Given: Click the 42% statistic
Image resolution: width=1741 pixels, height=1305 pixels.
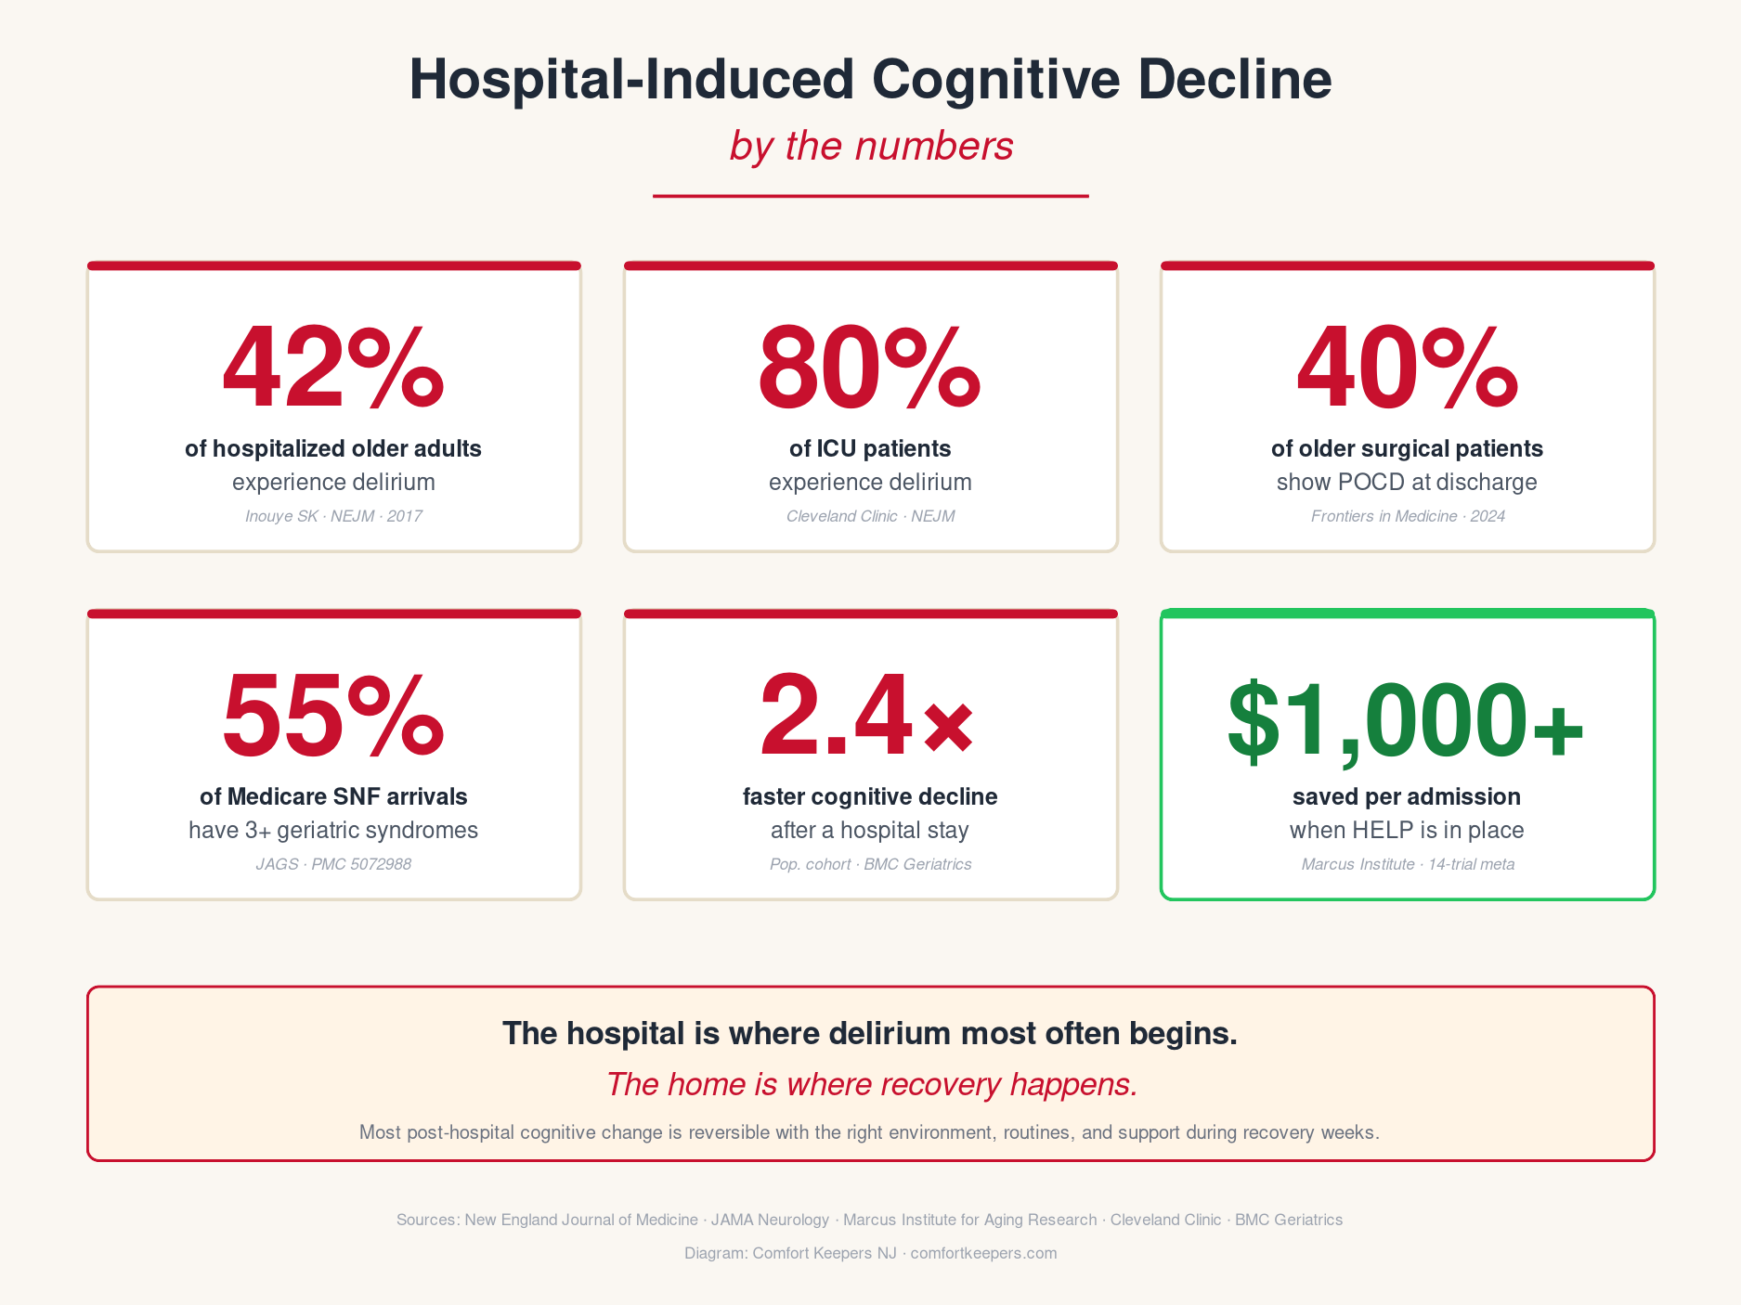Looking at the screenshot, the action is click(x=333, y=368).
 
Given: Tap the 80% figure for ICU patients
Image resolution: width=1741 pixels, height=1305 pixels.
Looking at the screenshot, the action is click(x=870, y=368).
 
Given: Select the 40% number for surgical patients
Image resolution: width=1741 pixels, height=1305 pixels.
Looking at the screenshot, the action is click(x=1407, y=368).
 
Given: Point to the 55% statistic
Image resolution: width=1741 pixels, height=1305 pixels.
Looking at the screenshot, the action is click(x=333, y=716).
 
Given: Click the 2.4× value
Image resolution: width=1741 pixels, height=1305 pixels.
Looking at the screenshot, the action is click(x=867, y=716).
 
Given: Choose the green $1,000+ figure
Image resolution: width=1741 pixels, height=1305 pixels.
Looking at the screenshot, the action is click(x=1406, y=721).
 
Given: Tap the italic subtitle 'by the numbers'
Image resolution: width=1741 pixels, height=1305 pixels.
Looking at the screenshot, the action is click(x=871, y=147).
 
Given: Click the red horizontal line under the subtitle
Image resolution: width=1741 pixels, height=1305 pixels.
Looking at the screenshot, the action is click(x=871, y=196).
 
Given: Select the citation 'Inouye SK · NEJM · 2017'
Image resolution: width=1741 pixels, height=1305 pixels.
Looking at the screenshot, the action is click(x=333, y=516).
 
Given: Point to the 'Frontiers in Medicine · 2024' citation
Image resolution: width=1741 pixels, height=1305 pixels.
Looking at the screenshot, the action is click(x=1408, y=516).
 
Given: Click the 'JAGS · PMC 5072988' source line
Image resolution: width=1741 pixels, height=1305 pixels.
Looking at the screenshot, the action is click(x=333, y=864).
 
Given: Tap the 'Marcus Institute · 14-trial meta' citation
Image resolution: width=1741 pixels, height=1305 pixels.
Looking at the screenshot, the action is click(x=1408, y=864).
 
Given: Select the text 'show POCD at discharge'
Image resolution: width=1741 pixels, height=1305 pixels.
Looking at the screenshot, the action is click(x=1407, y=483).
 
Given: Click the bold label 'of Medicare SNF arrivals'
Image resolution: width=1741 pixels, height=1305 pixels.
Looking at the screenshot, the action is click(x=333, y=796).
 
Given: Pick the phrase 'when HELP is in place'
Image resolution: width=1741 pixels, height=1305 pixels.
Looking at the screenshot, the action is click(x=1407, y=830).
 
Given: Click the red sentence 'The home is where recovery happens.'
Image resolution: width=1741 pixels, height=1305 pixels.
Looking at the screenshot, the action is click(x=872, y=1084).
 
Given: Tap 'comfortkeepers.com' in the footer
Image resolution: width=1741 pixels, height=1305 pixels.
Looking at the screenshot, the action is click(x=983, y=1253).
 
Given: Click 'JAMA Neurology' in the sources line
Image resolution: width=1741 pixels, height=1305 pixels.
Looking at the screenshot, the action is click(x=770, y=1220).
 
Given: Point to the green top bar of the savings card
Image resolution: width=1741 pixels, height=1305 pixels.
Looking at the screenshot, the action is click(x=1408, y=614).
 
